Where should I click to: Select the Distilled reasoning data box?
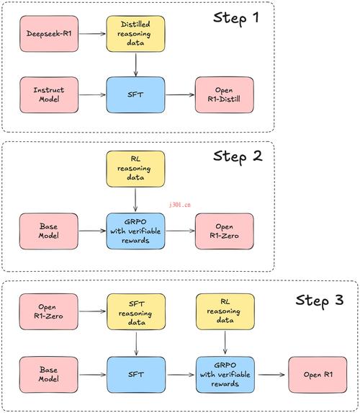(x=136, y=33)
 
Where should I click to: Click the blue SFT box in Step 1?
(x=136, y=94)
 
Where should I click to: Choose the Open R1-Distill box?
(x=223, y=94)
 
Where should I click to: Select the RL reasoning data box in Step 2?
(x=136, y=168)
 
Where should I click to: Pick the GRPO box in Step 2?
(x=136, y=231)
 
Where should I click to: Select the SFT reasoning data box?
(x=136, y=310)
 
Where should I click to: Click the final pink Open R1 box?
(x=317, y=374)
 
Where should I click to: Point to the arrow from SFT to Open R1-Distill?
(x=179, y=94)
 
